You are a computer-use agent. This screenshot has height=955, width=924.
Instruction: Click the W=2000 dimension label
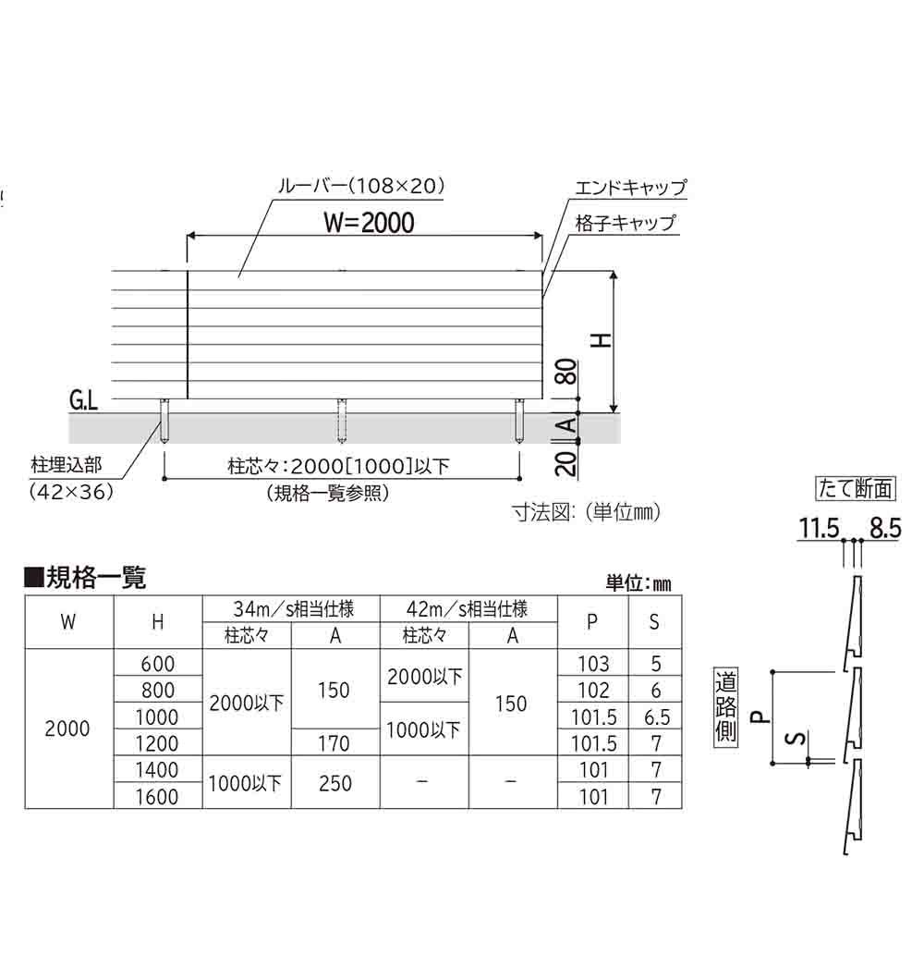[369, 223]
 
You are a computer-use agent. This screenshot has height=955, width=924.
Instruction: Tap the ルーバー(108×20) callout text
[361, 185]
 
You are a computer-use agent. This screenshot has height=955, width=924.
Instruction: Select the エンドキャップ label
[631, 187]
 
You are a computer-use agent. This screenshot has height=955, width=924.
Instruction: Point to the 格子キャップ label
[626, 223]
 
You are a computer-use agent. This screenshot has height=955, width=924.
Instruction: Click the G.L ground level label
[83, 400]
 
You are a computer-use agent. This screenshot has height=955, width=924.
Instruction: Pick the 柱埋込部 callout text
[67, 465]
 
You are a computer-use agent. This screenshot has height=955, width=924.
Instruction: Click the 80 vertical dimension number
[566, 372]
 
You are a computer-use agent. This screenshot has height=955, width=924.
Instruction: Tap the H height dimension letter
[602, 340]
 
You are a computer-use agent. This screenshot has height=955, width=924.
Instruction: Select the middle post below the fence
[342, 421]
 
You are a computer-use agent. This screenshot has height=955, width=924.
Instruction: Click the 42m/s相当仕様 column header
[467, 608]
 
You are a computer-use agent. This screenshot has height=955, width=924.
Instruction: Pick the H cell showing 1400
[157, 770]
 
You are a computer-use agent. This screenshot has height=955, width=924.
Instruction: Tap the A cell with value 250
[334, 783]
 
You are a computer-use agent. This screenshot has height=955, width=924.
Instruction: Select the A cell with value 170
[334, 743]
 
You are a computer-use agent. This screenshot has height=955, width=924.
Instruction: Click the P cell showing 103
[593, 663]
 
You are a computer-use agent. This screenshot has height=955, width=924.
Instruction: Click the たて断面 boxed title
[856, 488]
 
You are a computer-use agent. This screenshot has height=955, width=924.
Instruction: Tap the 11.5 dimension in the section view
[819, 528]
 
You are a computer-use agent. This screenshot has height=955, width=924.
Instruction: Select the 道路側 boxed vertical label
[725, 706]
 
